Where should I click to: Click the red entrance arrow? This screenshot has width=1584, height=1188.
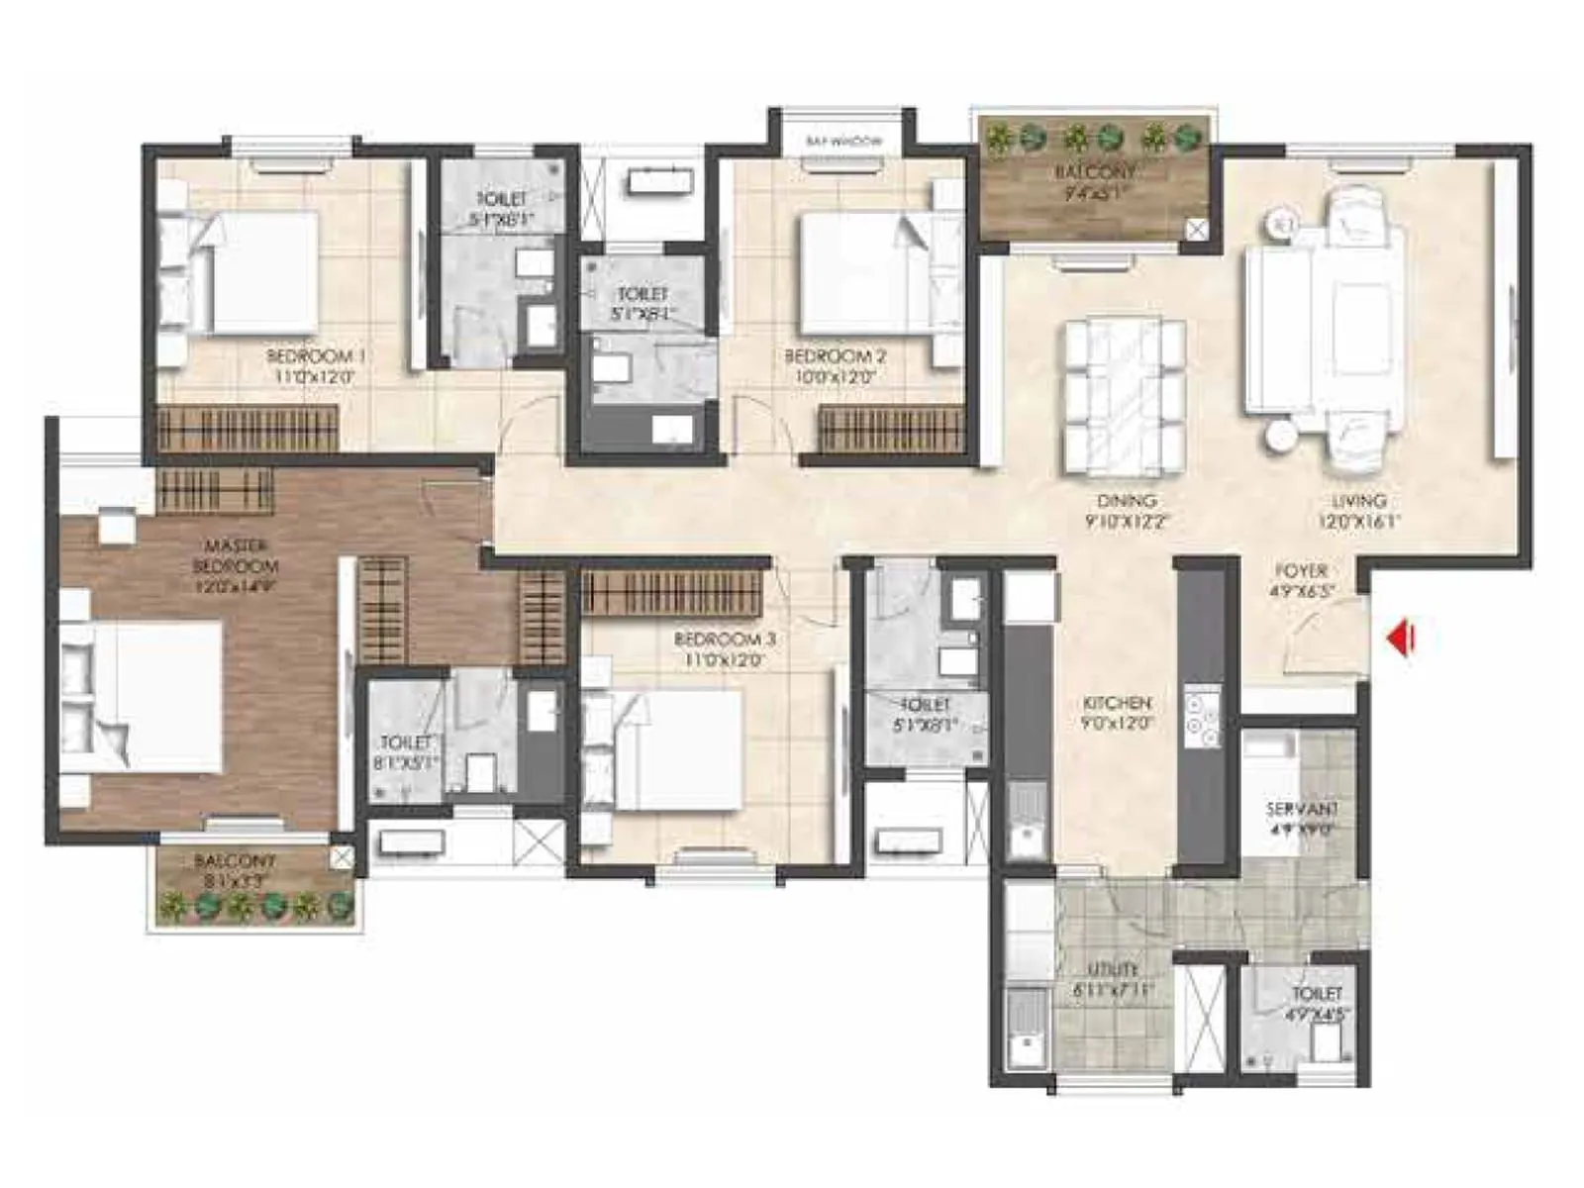click(x=1400, y=639)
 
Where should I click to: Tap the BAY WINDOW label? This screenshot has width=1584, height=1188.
click(x=843, y=143)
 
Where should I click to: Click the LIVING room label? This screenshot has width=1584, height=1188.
click(x=1358, y=501)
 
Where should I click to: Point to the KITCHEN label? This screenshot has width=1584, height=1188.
click(x=1117, y=703)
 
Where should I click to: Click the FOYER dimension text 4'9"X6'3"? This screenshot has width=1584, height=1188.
click(x=1302, y=592)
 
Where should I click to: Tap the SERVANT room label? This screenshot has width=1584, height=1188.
click(x=1302, y=810)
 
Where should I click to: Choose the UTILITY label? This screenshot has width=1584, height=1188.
click(x=1112, y=969)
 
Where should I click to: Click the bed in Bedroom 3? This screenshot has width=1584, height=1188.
click(x=673, y=749)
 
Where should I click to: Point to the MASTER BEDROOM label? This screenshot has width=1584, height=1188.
click(x=236, y=555)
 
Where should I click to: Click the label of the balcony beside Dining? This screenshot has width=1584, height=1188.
click(x=1094, y=172)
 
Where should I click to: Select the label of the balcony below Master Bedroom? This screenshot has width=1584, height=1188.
click(x=235, y=861)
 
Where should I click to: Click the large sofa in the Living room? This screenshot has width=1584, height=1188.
click(x=1277, y=329)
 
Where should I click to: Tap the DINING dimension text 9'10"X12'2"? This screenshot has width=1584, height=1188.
click(x=1126, y=522)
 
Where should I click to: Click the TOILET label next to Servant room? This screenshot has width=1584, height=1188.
click(x=1317, y=993)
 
